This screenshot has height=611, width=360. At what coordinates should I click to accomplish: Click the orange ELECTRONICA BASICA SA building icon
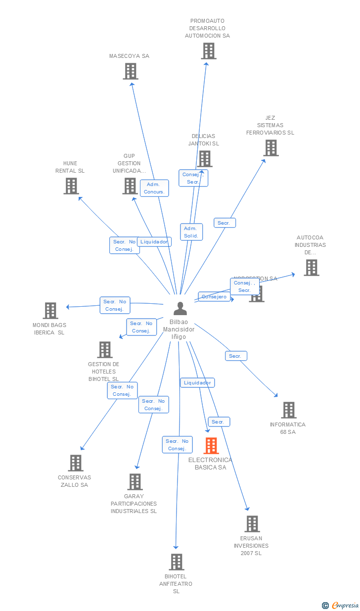tap(211, 446)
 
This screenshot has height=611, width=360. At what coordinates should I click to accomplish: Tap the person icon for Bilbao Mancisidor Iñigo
tap(180, 309)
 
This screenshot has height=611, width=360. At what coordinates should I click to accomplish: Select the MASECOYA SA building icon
tap(130, 71)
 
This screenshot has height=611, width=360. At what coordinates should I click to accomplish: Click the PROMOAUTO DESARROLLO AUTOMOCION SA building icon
tap(209, 51)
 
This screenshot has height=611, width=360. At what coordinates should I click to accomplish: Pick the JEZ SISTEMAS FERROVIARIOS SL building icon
tap(270, 148)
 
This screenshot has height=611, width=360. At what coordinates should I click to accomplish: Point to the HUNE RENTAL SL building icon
tap(71, 186)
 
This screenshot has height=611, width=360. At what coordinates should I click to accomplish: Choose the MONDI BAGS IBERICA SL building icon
tap(50, 311)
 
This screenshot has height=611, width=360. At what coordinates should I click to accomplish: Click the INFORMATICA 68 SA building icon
tap(289, 410)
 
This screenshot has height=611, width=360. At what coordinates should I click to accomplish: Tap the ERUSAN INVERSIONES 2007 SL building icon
tap(252, 524)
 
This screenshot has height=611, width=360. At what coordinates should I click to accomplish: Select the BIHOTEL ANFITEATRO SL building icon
tap(177, 562)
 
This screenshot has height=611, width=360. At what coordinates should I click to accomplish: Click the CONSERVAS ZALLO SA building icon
tap(76, 463)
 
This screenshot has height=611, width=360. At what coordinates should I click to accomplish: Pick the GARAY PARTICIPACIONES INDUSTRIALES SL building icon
tap(135, 482)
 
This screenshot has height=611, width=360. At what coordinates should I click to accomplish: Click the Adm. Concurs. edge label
tap(154, 188)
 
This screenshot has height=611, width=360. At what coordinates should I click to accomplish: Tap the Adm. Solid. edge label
tap(191, 232)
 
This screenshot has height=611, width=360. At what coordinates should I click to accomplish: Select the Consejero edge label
tap(214, 297)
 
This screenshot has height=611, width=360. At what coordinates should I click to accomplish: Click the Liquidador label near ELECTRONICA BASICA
tap(197, 383)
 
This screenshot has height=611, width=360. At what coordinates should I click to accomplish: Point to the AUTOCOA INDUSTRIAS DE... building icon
tap(311, 268)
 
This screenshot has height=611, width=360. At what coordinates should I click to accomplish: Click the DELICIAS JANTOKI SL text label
tap(203, 140)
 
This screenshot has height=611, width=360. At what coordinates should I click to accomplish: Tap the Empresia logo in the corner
tap(341, 605)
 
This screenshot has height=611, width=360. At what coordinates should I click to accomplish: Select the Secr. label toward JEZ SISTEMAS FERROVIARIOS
tap(224, 223)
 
